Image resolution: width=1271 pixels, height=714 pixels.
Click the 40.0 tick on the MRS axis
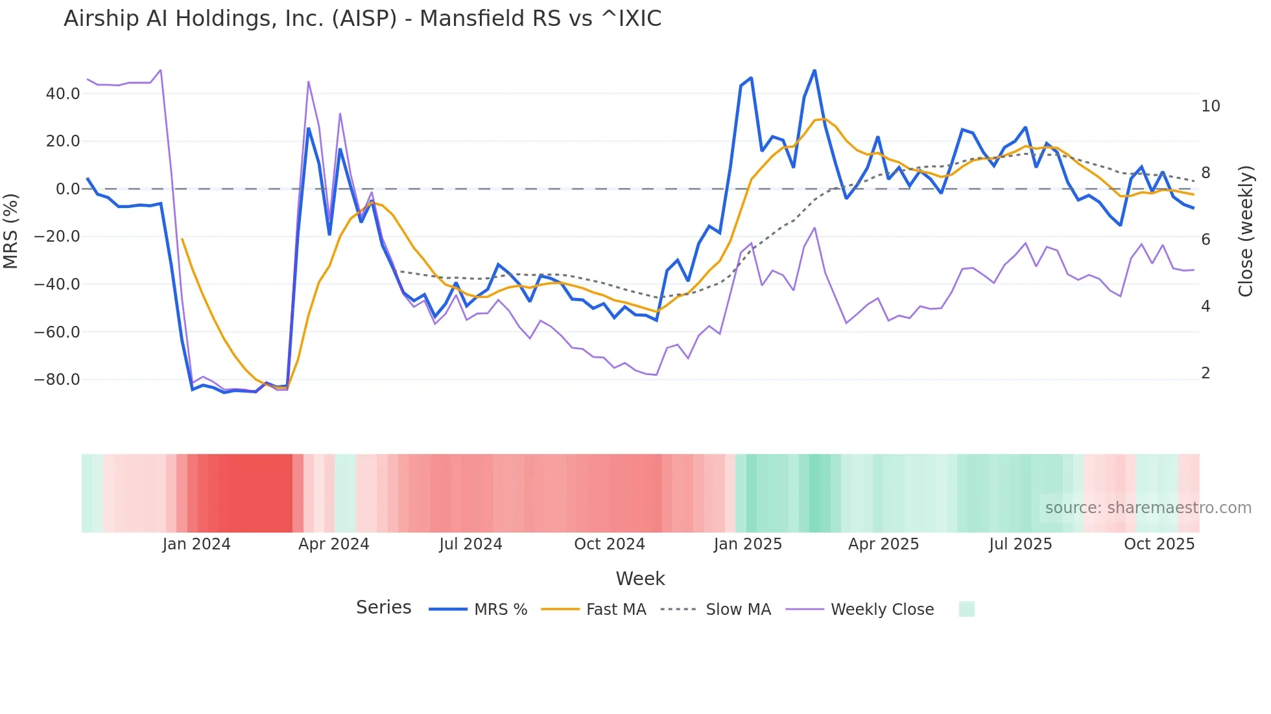tap(63, 94)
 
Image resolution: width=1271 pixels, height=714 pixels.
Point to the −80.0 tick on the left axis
tap(57, 380)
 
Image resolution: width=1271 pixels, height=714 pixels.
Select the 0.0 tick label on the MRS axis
tap(67, 189)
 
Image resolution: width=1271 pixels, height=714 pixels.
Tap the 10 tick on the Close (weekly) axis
tap(1210, 106)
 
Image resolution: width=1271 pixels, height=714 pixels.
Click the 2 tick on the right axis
tap(1206, 373)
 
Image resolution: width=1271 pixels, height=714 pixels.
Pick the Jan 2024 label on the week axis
tap(196, 544)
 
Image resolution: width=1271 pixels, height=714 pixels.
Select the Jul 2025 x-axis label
tap(1020, 544)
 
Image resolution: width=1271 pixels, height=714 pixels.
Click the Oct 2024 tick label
tap(609, 544)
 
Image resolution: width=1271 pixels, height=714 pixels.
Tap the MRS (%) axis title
tap(11, 231)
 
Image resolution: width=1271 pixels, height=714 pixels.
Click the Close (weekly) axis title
tap(1246, 231)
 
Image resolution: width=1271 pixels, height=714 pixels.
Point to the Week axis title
tap(640, 579)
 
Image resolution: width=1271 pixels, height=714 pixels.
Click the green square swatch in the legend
tap(966, 609)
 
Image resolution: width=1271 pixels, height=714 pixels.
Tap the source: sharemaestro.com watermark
tap(1148, 508)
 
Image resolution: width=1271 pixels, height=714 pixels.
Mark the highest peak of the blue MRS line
tap(814, 70)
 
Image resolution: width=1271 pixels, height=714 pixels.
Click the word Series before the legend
tap(383, 608)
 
